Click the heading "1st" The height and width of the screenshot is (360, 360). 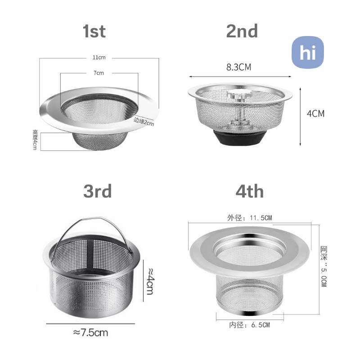[94, 31]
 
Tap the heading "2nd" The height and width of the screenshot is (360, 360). [242, 31]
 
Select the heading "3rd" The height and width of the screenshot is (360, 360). [98, 191]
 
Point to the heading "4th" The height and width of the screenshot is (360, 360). [250, 192]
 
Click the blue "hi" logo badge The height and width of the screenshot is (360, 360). [308, 52]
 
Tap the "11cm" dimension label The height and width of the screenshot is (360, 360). [99, 58]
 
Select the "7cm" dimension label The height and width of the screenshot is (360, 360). [99, 73]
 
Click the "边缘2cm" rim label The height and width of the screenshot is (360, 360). [144, 121]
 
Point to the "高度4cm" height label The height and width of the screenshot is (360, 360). [35, 139]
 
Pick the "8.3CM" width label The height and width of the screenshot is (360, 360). [239, 67]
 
